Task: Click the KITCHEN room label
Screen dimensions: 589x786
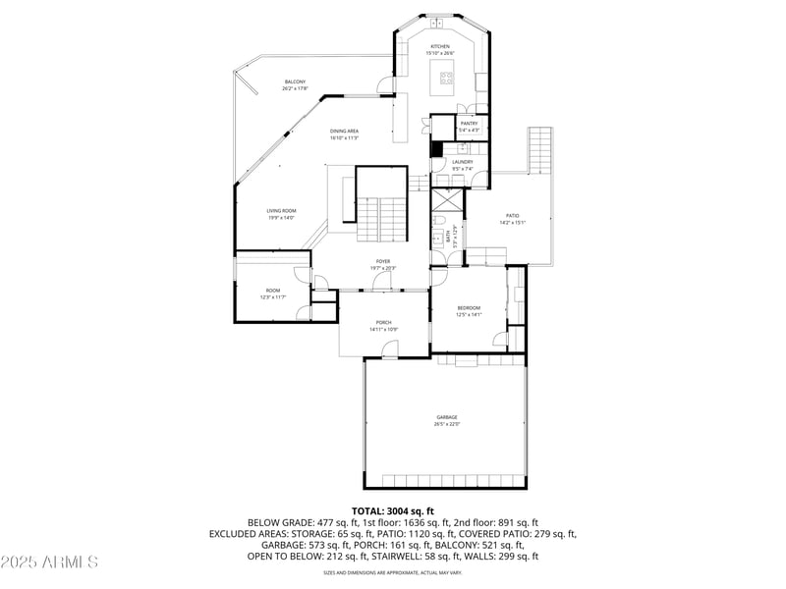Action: (439, 47)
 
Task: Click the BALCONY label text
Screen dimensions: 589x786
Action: (295, 81)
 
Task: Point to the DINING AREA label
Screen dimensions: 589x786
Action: (344, 131)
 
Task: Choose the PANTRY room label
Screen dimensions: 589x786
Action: (469, 124)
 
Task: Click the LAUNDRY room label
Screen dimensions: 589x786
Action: (462, 162)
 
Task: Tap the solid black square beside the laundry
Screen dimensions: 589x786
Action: (436, 149)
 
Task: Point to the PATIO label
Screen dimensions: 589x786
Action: (513, 216)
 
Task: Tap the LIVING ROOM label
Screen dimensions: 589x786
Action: (281, 211)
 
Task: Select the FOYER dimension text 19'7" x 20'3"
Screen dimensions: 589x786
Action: (383, 268)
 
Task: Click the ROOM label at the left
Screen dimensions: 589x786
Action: (272, 291)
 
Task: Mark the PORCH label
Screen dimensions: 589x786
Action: (383, 322)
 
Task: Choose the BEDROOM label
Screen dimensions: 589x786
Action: (468, 308)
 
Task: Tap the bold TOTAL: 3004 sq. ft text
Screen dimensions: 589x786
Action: (392, 511)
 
